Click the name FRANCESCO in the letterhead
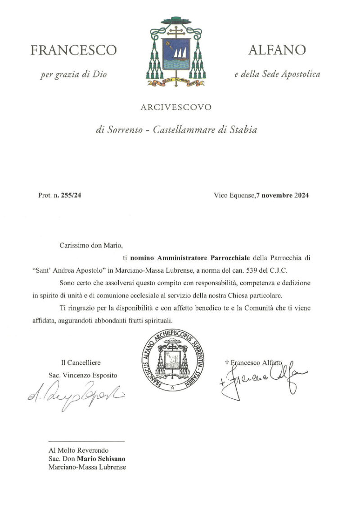[x=73, y=50]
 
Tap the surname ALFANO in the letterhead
[x=277, y=50]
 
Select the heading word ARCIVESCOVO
[x=175, y=107]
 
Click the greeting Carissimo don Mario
[x=91, y=246]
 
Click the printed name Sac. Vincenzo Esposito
[x=85, y=375]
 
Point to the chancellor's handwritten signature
[x=75, y=394]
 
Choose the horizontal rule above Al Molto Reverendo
[x=85, y=441]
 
